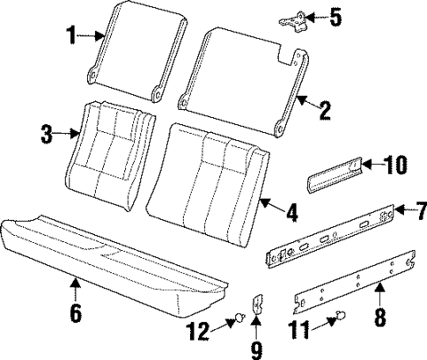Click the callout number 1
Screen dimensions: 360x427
click(71, 36)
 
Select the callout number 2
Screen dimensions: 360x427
click(324, 110)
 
